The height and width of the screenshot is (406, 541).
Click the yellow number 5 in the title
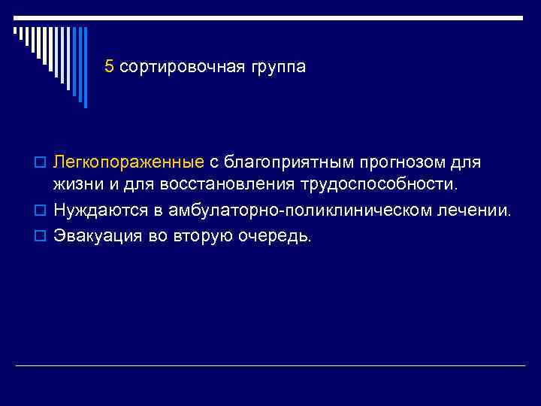110,67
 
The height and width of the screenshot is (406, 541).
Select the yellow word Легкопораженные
128,163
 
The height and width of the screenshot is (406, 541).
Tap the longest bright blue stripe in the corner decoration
85,68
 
